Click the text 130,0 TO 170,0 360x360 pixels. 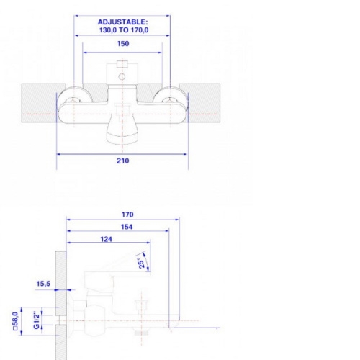click(x=124, y=30)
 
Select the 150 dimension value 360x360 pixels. click(x=123, y=44)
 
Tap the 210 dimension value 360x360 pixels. click(x=123, y=161)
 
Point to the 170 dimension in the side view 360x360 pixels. click(x=127, y=215)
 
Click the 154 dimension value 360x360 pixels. click(x=127, y=227)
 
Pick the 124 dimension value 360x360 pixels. click(x=106, y=239)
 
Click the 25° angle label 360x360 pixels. click(x=141, y=263)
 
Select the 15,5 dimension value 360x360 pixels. click(x=43, y=284)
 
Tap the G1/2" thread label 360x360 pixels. click(x=36, y=320)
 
